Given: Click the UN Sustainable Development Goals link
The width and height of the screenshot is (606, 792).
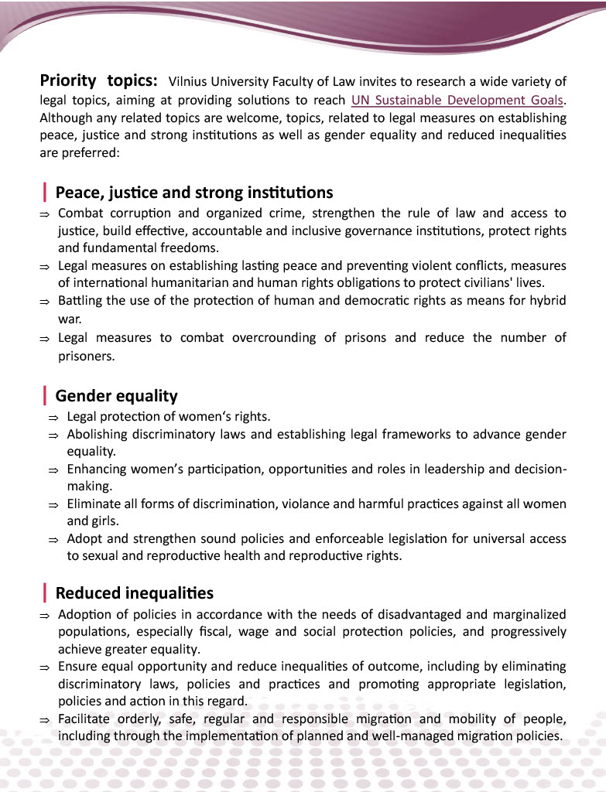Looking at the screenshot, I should [x=457, y=100].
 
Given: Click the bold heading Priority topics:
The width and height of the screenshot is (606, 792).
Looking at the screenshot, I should [x=99, y=80].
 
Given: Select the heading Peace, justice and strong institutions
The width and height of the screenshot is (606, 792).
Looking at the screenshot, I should [x=194, y=192].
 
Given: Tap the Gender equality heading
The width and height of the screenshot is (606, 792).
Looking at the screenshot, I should [x=117, y=396].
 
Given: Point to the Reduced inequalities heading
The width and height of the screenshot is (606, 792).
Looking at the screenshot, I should [x=135, y=593].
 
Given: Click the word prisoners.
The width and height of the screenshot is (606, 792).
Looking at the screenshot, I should [x=85, y=357].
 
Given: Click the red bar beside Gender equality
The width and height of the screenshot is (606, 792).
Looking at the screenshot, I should [x=46, y=396].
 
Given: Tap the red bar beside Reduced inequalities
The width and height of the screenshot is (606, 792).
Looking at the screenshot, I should [x=46, y=593].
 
